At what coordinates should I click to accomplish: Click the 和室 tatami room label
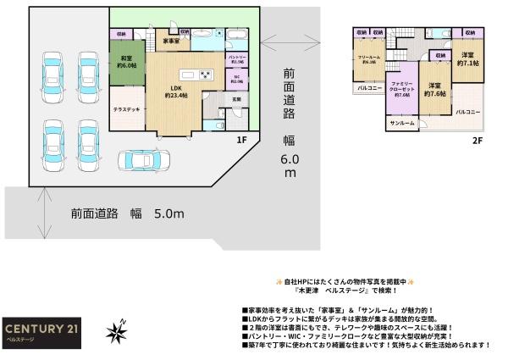(x=125, y=62)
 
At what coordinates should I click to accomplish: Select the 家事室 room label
(x=172, y=41)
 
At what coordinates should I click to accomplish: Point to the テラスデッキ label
(x=126, y=109)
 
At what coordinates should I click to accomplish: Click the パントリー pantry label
(x=236, y=59)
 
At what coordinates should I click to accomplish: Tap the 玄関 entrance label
(x=236, y=99)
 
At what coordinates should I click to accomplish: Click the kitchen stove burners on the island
(x=205, y=75)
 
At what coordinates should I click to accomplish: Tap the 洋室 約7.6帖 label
(x=436, y=89)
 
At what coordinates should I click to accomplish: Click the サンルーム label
(x=402, y=124)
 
